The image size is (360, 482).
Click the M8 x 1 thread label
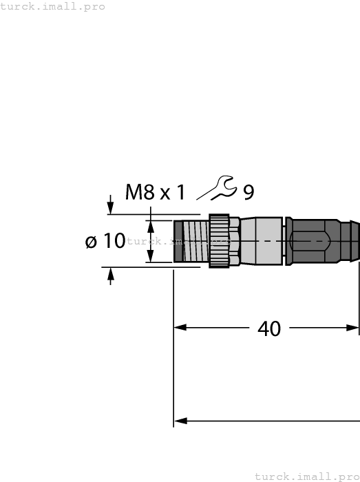155,191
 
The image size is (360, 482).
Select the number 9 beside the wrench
248,192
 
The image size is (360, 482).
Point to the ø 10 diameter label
105,241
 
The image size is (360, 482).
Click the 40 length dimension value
269,328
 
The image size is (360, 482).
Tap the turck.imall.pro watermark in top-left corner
53,6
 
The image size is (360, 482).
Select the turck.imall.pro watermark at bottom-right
307,476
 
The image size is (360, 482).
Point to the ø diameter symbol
90,242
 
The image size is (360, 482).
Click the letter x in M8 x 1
165,193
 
